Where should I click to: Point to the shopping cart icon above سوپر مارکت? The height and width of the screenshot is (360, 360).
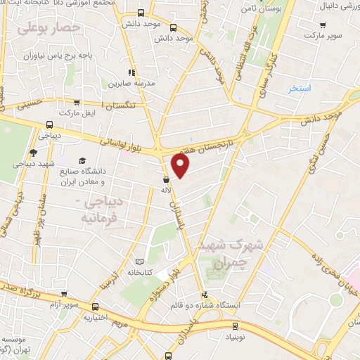click(322, 23)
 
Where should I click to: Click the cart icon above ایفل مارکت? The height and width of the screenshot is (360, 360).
click(79, 102)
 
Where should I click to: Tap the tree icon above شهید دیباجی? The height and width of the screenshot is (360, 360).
click(33, 153)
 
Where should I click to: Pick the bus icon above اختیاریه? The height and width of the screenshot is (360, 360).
click(96, 307)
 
